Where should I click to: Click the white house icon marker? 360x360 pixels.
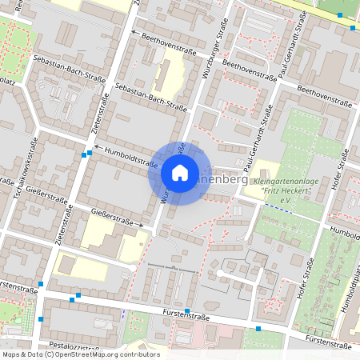point(180,173)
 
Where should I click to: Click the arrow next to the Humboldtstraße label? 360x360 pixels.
point(90,150)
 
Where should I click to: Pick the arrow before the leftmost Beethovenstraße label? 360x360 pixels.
point(134,33)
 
